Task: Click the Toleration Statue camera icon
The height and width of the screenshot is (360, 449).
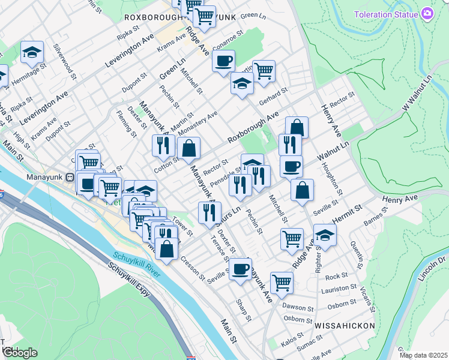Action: coord(427,14)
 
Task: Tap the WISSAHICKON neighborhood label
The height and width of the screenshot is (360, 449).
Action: coord(345,326)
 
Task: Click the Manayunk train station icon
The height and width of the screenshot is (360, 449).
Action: coord(70,178)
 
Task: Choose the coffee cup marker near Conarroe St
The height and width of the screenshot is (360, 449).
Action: coord(223,61)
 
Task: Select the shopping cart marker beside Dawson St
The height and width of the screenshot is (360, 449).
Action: coord(282,282)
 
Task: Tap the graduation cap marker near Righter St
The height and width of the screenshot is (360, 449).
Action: coord(325,236)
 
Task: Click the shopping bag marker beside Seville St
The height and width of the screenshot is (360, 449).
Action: coord(303,190)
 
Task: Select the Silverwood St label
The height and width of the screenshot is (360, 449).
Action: coord(65,61)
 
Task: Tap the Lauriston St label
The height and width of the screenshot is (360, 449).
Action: coord(334,290)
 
